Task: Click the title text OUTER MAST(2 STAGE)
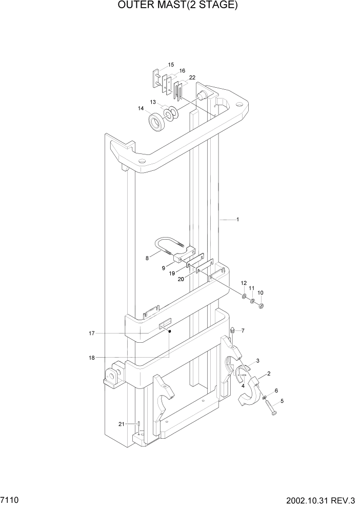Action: coord(179,6)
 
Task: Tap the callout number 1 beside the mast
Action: coord(237,220)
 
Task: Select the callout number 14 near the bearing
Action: coord(141,108)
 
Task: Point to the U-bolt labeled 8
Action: coord(167,245)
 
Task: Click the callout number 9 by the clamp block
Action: coord(164,268)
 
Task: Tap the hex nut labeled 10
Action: coord(259,307)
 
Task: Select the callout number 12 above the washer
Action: coord(244,283)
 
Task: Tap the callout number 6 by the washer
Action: coord(276,390)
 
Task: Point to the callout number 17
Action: coord(91,334)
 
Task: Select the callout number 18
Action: coord(91,358)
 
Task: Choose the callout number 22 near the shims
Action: coord(192,77)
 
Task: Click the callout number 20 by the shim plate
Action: coord(181,280)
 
